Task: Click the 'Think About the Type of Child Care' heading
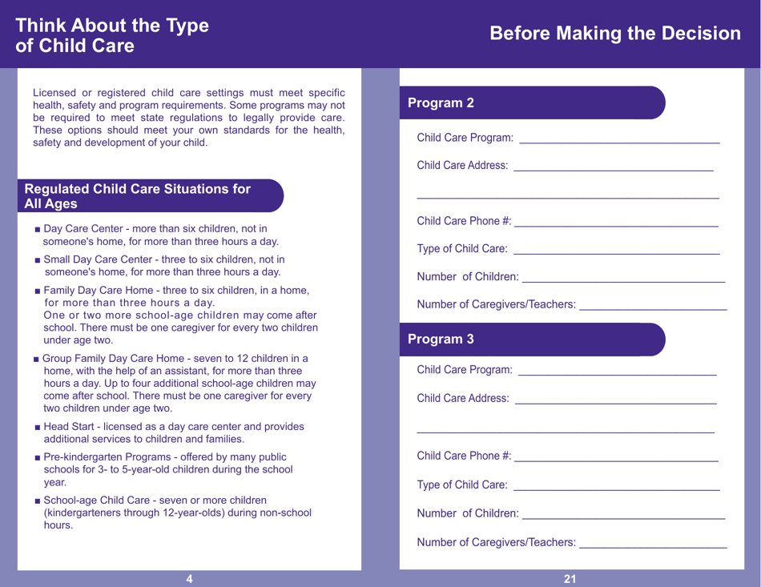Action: (112, 36)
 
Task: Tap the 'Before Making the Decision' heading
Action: (614, 34)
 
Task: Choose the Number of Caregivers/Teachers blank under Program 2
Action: (652, 304)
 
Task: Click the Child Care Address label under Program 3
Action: (462, 399)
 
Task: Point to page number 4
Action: (189, 579)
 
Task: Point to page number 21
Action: (570, 579)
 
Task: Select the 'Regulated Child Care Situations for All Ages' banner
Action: (138, 196)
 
